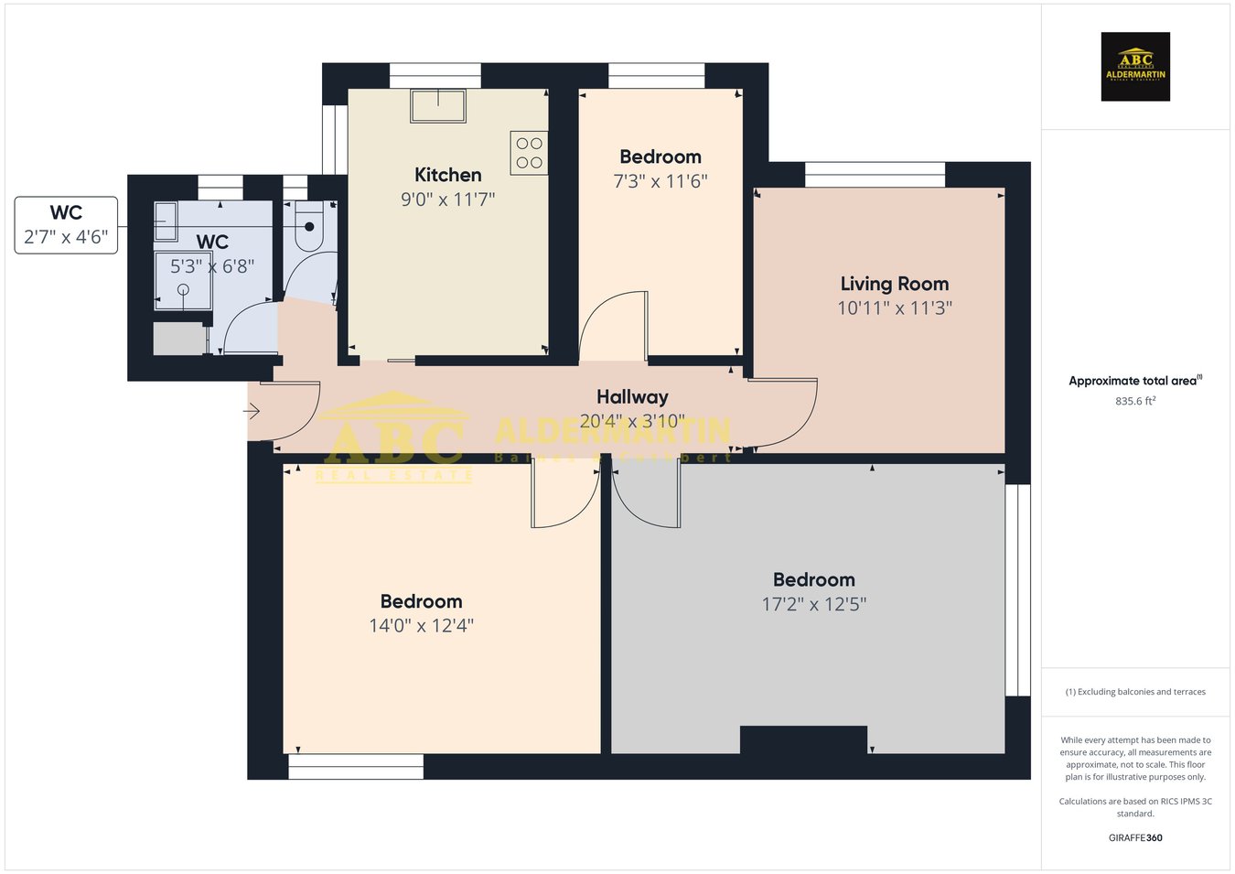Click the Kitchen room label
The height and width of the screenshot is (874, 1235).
point(447,175)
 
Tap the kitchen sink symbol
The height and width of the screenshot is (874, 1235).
point(438,106)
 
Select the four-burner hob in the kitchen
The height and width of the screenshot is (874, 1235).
point(529,153)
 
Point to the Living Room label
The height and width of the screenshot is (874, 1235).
point(894,284)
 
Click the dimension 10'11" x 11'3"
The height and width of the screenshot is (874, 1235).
point(894,308)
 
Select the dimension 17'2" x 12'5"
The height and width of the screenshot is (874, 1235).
point(813,604)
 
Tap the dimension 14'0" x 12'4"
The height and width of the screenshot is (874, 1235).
point(421,626)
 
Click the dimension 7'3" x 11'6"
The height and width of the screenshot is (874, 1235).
point(660,181)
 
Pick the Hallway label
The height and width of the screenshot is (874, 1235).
point(632,397)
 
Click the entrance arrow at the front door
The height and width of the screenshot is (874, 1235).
point(252,412)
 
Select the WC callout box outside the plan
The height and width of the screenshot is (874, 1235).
point(66,225)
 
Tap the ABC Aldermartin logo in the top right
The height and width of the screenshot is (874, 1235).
point(1134,67)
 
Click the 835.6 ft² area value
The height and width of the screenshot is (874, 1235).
point(1134,401)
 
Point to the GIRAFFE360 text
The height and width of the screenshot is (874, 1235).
point(1134,837)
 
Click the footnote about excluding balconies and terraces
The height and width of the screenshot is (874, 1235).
point(1134,692)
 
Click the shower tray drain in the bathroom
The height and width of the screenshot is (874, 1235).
point(183,289)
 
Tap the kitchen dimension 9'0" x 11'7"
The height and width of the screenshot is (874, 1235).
point(447,200)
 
